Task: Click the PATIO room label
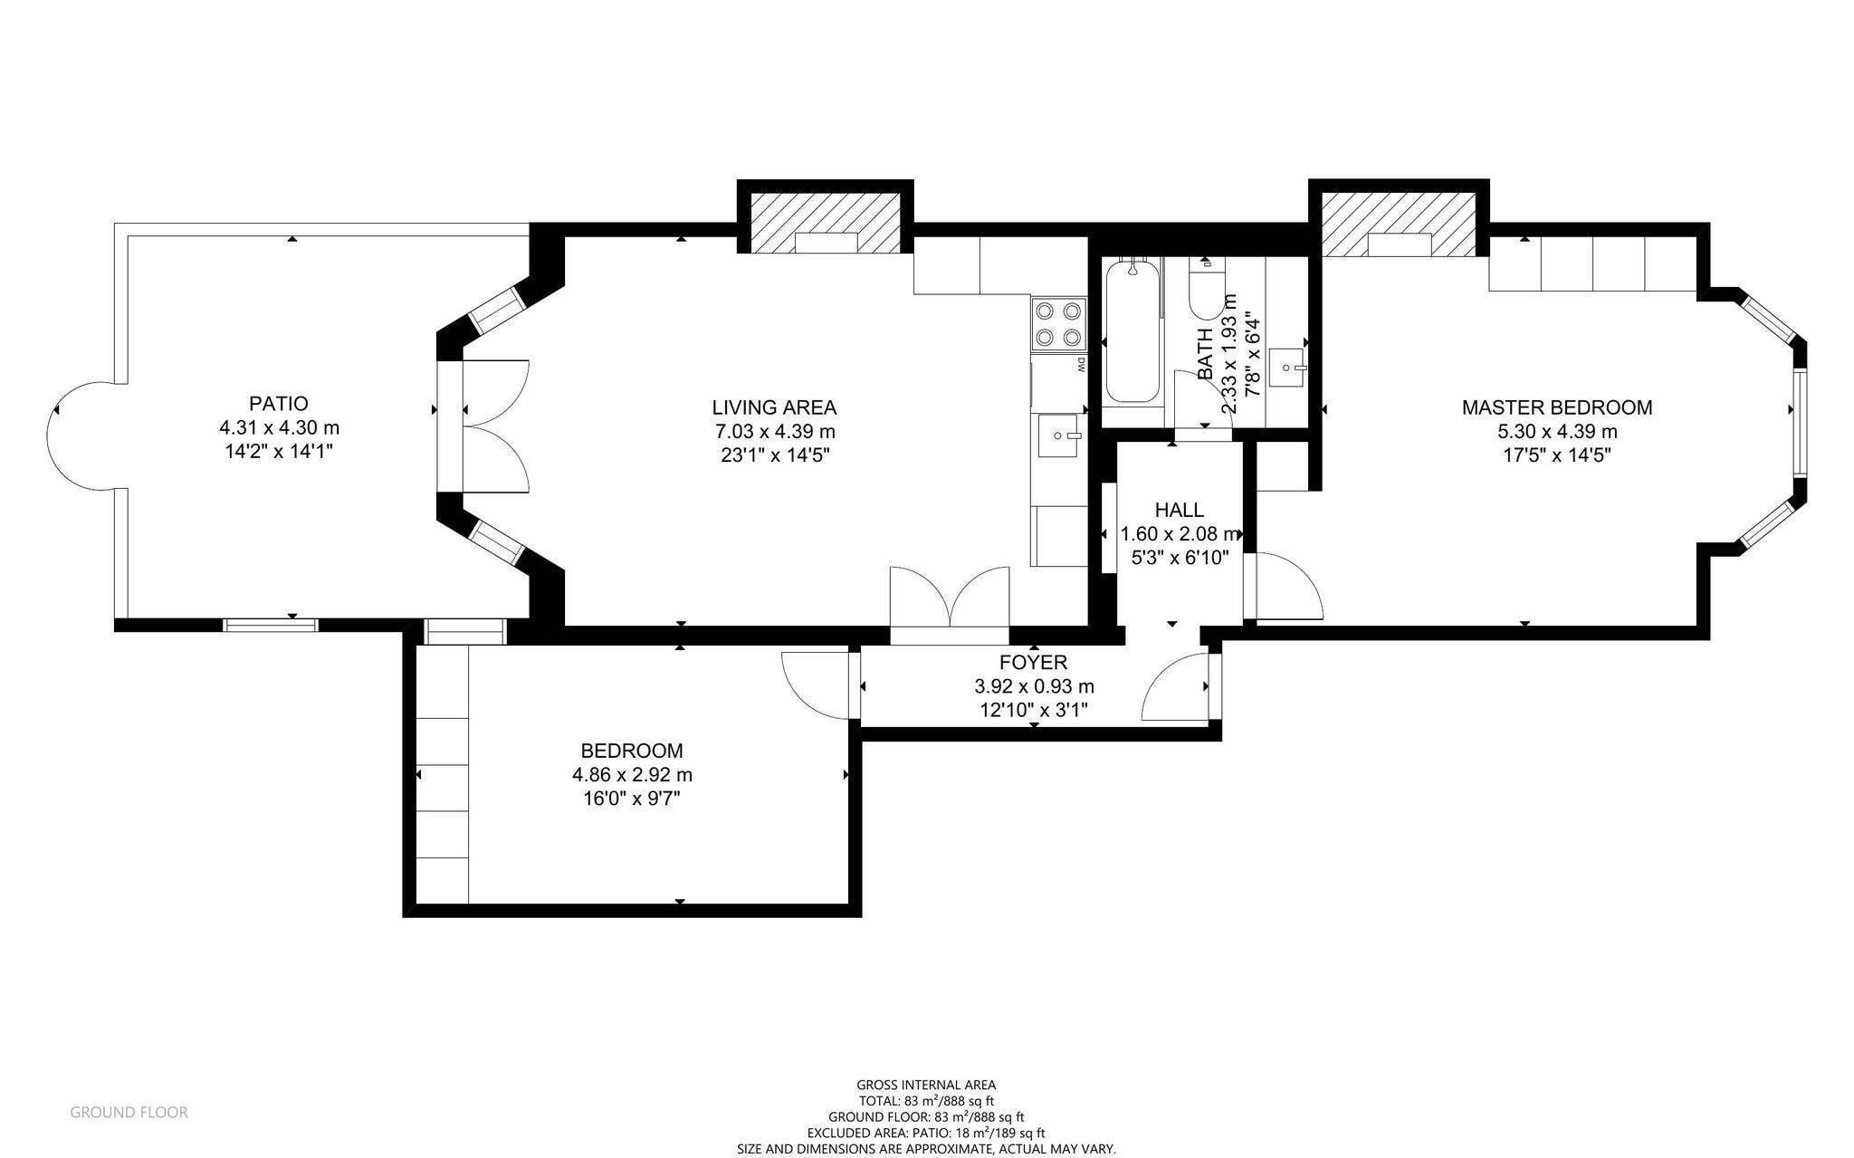point(279,404)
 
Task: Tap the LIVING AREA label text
point(774,407)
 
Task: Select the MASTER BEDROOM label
point(1557,407)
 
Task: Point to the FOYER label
point(1034,663)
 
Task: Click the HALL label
point(1180,510)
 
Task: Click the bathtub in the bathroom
point(1132,330)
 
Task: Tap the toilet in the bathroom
point(1207,288)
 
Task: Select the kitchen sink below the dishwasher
point(1059,438)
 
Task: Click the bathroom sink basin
point(1286,368)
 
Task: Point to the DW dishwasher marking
point(1081,366)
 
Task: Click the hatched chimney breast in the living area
point(827,223)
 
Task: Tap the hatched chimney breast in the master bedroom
point(1399,224)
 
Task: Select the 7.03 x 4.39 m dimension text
point(774,431)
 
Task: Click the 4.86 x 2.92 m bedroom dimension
point(632,775)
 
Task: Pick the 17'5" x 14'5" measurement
point(1557,455)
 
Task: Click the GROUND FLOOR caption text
point(129,1112)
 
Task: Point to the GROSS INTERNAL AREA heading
point(926,1085)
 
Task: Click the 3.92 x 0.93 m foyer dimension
point(1034,686)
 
